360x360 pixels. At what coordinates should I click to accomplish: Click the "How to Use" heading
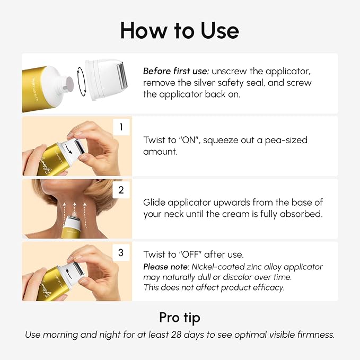(x=180, y=30)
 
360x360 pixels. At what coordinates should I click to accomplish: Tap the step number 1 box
(x=121, y=127)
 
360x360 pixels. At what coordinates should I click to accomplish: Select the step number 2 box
(x=121, y=189)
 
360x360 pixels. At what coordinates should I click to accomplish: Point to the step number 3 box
(x=121, y=252)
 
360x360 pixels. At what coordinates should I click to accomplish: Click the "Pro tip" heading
(x=180, y=317)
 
